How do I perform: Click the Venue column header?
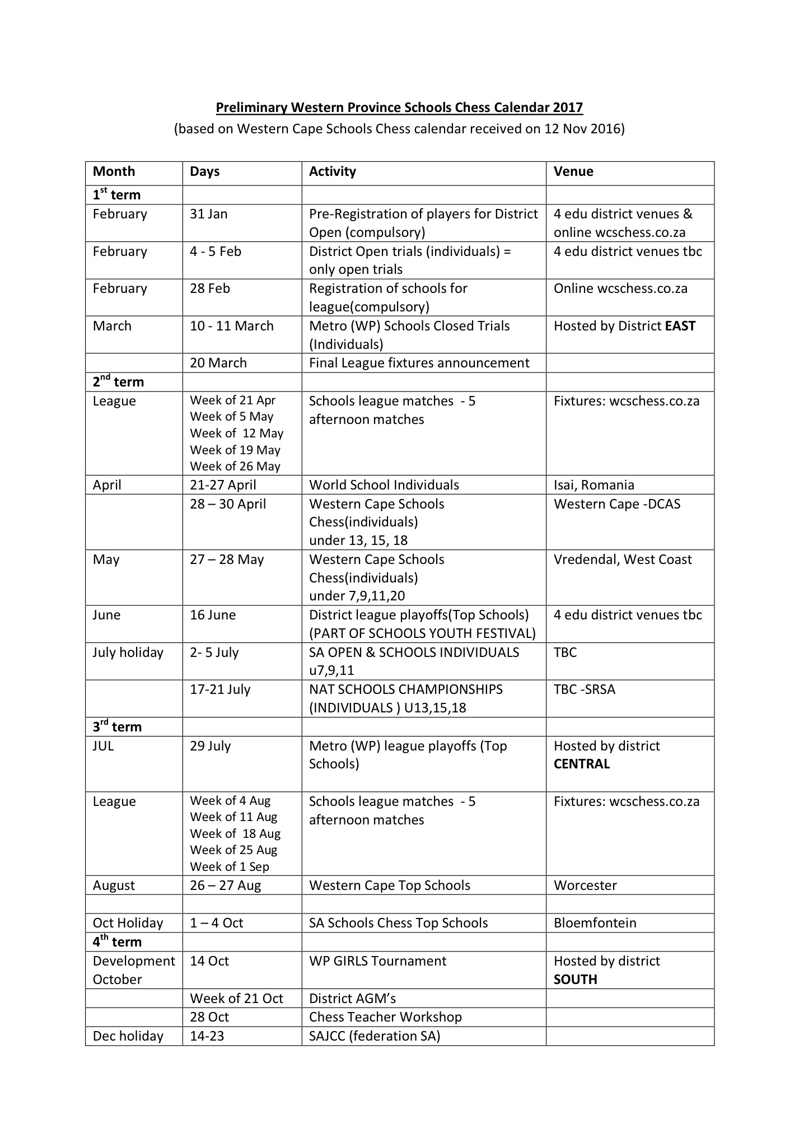point(573,171)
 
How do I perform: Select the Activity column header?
point(332,171)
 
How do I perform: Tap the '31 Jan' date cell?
point(208,214)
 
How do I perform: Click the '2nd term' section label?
point(118,382)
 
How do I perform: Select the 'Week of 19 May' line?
point(235,450)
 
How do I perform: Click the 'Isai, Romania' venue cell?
point(593,485)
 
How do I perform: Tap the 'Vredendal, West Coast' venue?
point(623,559)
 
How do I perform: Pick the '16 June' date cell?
point(213,615)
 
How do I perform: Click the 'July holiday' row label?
point(128,652)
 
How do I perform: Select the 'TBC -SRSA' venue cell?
point(584,689)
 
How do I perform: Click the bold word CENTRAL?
point(581,764)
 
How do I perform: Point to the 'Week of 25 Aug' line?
point(233,850)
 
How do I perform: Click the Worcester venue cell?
point(585,885)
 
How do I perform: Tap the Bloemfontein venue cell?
point(595,923)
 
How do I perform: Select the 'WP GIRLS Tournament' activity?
point(377,961)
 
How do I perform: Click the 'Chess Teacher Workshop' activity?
point(385,1017)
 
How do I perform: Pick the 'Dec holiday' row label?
point(128,1036)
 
